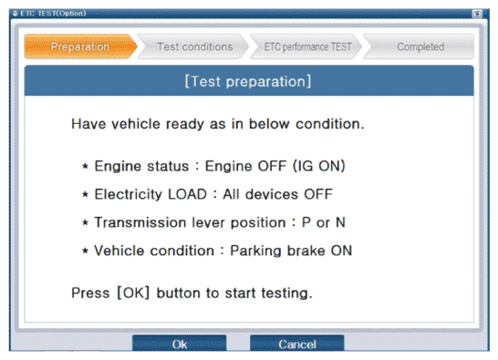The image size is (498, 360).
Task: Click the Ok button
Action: click(179, 344)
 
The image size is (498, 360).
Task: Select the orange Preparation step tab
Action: click(80, 46)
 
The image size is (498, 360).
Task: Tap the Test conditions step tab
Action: click(193, 46)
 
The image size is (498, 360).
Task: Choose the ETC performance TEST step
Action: click(306, 46)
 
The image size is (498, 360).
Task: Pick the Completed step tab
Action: click(420, 46)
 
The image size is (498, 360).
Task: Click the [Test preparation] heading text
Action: click(248, 81)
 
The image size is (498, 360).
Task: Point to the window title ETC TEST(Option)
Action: click(53, 14)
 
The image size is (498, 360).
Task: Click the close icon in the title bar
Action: click(477, 14)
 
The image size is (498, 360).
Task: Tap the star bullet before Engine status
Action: click(85, 166)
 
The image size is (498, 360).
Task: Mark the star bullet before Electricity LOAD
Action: click(85, 194)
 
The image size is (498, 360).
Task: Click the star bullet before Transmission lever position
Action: click(85, 222)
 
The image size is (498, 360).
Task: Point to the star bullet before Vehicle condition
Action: click(85, 251)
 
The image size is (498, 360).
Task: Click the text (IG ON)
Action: click(319, 166)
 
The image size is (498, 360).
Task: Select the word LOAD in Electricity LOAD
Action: click(187, 194)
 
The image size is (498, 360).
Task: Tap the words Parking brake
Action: click(277, 251)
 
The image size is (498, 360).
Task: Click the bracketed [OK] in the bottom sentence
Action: click(133, 293)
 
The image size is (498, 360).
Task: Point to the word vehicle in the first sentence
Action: click(136, 124)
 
